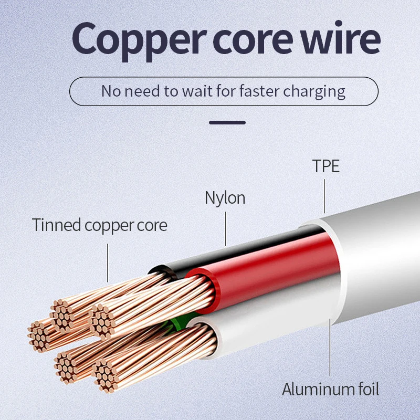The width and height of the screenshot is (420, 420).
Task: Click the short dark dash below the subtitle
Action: click(x=227, y=122)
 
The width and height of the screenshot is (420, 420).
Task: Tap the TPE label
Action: click(x=326, y=166)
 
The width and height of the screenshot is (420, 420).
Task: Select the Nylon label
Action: click(x=225, y=198)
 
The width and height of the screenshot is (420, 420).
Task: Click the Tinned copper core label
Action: click(x=100, y=225)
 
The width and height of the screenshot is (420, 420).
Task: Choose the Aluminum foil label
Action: click(x=330, y=390)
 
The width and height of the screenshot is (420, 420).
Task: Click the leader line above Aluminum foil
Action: click(x=330, y=346)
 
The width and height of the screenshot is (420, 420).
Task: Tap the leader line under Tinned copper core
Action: click(x=108, y=262)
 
